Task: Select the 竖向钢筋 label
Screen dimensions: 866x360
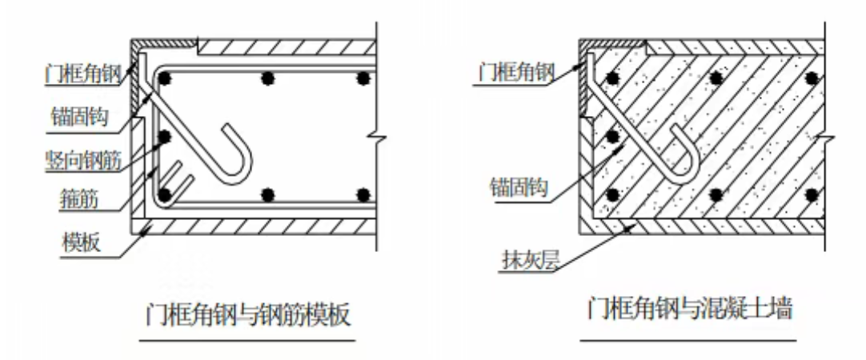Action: [83, 159]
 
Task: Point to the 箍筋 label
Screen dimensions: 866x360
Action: [78, 199]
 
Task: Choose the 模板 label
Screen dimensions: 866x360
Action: [82, 243]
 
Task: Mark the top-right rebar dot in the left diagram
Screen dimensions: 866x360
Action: [363, 78]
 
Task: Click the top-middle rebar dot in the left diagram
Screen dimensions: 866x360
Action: [268, 78]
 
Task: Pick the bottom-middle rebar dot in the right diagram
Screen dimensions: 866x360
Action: [716, 194]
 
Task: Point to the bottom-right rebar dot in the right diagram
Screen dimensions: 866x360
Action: [812, 194]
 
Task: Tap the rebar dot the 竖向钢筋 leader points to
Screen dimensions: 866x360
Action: [165, 136]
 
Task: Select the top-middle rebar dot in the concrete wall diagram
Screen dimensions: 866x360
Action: [716, 78]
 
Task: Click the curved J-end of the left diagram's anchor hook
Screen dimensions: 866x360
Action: [243, 166]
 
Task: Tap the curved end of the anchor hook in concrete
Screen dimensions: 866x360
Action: [692, 166]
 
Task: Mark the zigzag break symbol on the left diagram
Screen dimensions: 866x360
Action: [377, 136]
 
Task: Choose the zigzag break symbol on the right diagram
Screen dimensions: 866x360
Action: [825, 136]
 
